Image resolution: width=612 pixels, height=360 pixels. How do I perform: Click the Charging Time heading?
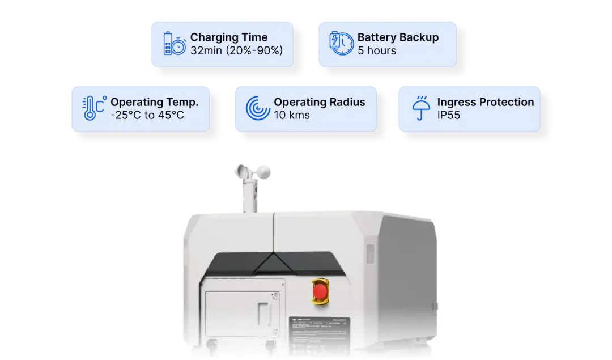click(228, 37)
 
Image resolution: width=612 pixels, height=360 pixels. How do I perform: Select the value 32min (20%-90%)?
click(236, 50)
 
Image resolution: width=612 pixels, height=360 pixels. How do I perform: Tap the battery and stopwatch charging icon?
click(174, 44)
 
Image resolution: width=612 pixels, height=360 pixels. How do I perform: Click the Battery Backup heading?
click(398, 37)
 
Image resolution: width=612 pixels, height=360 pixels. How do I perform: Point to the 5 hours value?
click(377, 50)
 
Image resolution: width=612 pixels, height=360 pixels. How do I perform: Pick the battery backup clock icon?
click(341, 44)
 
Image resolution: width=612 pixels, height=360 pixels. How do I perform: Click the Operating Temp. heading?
click(154, 102)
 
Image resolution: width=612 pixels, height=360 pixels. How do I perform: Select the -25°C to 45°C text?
click(147, 115)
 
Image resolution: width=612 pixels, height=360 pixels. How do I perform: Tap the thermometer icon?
click(93, 108)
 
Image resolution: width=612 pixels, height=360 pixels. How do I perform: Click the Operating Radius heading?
click(320, 102)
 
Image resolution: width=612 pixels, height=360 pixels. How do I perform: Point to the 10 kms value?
click(292, 115)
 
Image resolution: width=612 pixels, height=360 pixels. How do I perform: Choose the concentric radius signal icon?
click(257, 108)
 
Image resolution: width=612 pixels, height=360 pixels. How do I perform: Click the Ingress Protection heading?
click(485, 102)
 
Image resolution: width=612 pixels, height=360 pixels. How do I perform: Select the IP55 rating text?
click(449, 115)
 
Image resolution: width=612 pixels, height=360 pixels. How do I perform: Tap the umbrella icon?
click(420, 108)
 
